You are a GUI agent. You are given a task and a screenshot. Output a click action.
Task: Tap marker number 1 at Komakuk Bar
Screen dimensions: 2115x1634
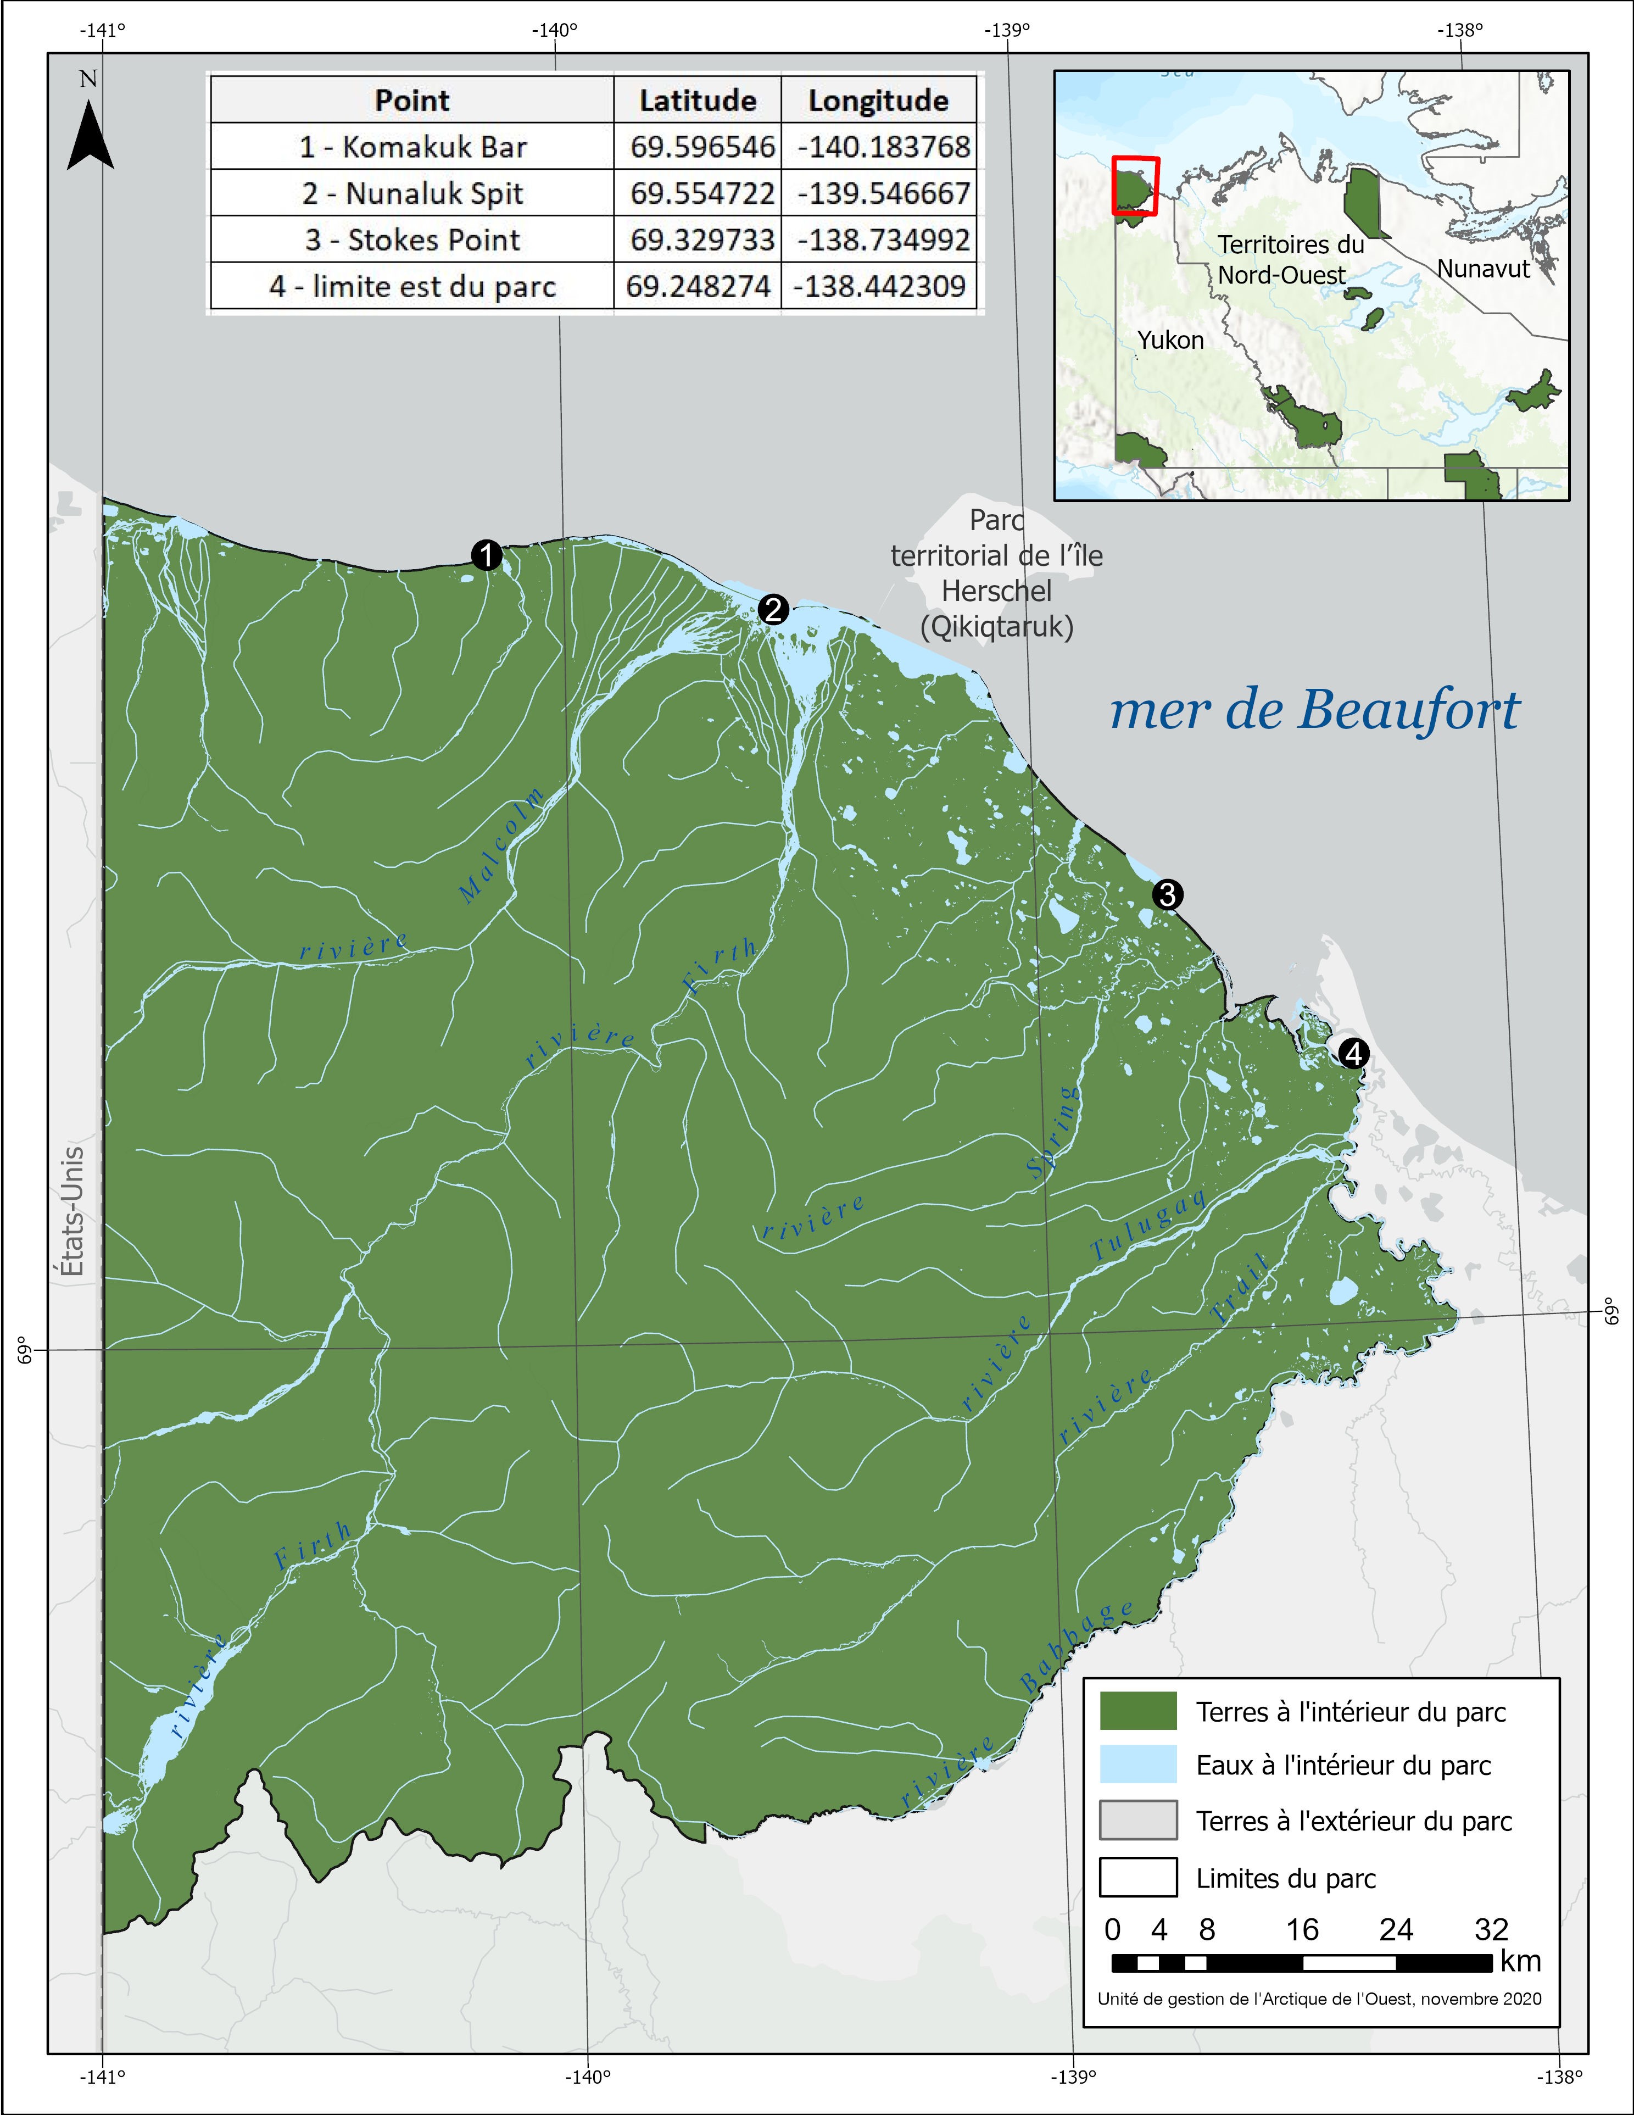coord(486,556)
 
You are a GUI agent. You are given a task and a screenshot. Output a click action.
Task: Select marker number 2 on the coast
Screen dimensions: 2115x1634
coord(773,610)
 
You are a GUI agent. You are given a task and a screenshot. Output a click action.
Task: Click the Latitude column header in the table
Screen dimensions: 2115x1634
coord(697,100)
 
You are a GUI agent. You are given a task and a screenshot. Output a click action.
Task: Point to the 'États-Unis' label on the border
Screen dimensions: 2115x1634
coord(71,1211)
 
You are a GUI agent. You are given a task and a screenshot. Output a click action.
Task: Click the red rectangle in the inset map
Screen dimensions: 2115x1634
coord(1135,184)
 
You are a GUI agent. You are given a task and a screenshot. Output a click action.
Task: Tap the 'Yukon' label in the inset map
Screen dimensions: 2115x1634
coord(1170,340)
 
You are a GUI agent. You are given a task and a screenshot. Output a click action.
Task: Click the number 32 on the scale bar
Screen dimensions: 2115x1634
coord(1491,1929)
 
